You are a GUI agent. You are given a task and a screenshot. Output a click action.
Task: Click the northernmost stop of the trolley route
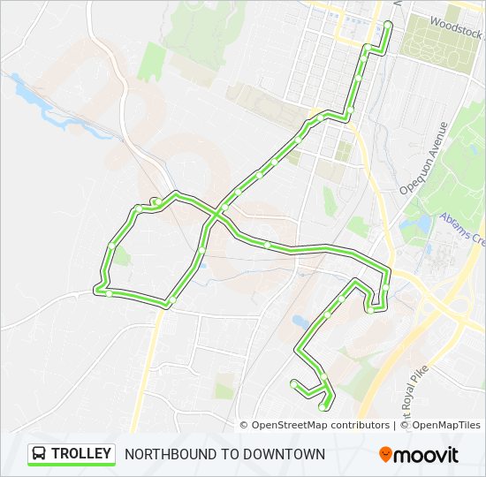(x=388, y=24)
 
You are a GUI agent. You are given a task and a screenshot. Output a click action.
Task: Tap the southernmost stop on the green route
(x=322, y=407)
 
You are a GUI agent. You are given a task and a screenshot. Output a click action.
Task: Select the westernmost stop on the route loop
(x=98, y=288)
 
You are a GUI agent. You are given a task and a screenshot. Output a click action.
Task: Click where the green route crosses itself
(x=216, y=213)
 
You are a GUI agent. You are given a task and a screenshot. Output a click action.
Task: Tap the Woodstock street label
(x=456, y=26)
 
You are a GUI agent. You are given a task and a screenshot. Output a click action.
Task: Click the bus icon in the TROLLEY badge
(x=40, y=454)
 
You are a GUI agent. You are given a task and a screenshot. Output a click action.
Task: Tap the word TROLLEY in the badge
(x=81, y=454)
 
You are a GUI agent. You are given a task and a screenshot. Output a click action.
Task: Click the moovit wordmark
(x=428, y=454)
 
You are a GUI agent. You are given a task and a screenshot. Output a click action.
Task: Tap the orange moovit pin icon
(x=386, y=454)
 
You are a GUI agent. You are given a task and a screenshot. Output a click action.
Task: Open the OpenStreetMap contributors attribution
(x=320, y=425)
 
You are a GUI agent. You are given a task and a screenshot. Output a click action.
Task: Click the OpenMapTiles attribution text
(x=445, y=425)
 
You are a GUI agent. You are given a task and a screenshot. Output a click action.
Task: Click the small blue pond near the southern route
(x=300, y=322)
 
